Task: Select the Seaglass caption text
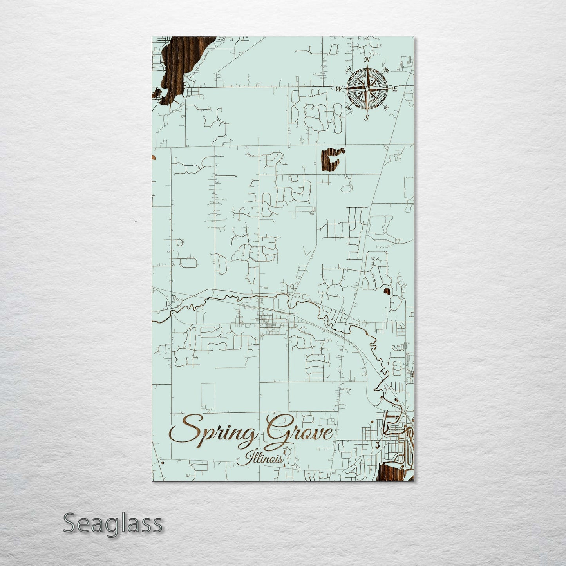112,523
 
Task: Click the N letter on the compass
367,60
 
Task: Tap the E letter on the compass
395,89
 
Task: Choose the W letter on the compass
338,89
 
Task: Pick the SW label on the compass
347,107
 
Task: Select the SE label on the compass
386,107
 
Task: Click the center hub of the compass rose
367,89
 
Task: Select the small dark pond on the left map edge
154,157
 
